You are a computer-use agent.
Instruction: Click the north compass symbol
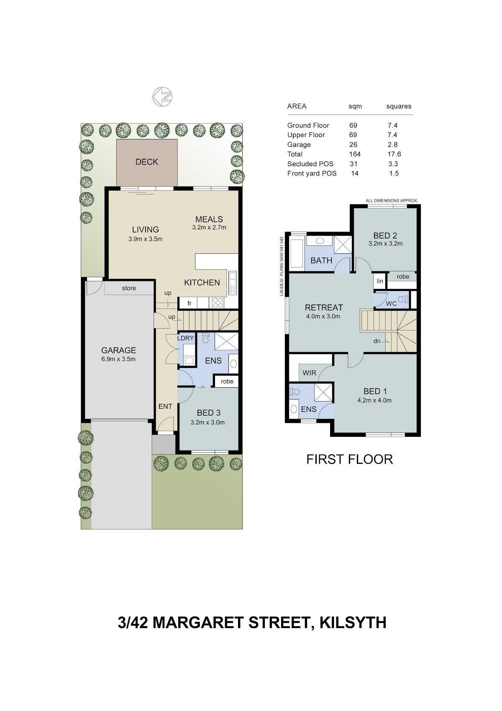tap(162, 96)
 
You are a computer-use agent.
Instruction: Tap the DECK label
tap(146, 162)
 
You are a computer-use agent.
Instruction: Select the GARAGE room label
tap(119, 350)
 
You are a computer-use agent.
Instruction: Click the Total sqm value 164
tap(355, 154)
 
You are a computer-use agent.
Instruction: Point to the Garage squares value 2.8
tap(392, 145)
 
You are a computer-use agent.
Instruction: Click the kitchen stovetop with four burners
tap(218, 302)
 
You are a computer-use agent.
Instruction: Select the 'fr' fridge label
tap(190, 303)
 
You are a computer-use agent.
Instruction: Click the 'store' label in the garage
tap(129, 288)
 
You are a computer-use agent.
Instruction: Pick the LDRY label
tap(185, 338)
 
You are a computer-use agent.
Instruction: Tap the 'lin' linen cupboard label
tap(380, 281)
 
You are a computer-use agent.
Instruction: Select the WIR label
tap(309, 373)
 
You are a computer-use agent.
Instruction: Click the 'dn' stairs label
tap(377, 341)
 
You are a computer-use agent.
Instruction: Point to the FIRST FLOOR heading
tap(349, 459)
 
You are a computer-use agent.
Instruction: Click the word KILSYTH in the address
tap(353, 623)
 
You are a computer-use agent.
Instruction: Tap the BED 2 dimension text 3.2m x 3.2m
tap(385, 244)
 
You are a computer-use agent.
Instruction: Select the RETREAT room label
tap(324, 307)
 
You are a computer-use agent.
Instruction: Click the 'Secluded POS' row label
tap(310, 164)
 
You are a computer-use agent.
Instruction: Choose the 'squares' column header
tap(399, 106)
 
